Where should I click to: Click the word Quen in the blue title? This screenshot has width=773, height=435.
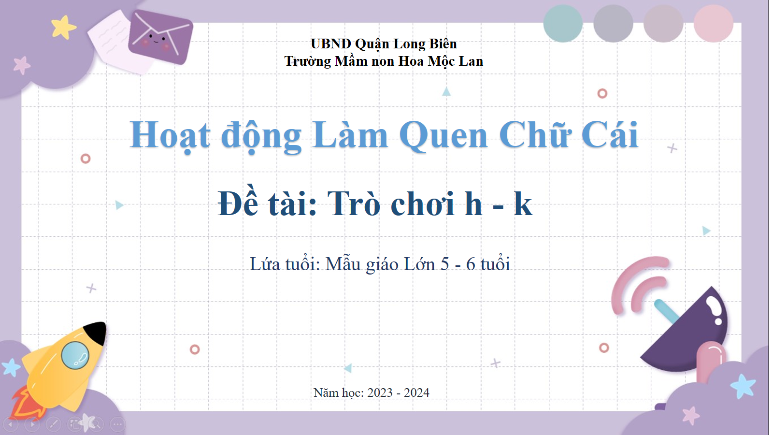pyautogui.click(x=444, y=136)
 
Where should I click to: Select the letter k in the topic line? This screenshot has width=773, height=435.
pyautogui.click(x=522, y=203)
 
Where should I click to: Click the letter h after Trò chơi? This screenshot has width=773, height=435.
pyautogui.click(x=473, y=203)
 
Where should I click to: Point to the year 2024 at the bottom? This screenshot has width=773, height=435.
pyautogui.click(x=416, y=392)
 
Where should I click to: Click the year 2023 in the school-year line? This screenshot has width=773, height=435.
pyautogui.click(x=380, y=392)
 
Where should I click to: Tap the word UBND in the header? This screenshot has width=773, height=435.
pyautogui.click(x=331, y=44)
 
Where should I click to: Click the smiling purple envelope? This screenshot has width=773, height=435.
pyautogui.click(x=160, y=37)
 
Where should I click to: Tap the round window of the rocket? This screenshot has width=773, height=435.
pyautogui.click(x=75, y=355)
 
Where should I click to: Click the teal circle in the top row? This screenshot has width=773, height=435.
pyautogui.click(x=563, y=24)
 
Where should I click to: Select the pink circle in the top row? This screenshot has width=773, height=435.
pyautogui.click(x=713, y=24)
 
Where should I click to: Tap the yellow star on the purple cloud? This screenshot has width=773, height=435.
pyautogui.click(x=63, y=27)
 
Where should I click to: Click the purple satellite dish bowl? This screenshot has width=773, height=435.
pyautogui.click(x=687, y=332)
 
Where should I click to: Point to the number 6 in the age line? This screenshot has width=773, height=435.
pyautogui.click(x=471, y=264)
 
